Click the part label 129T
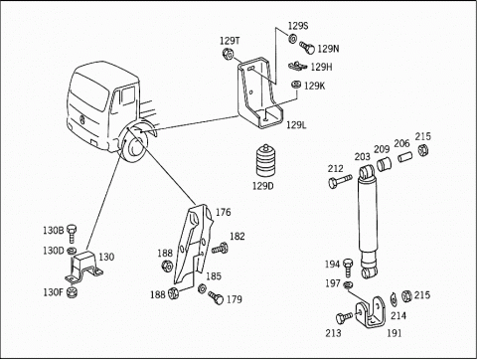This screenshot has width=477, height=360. [230, 41]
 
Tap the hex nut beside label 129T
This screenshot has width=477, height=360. [228, 54]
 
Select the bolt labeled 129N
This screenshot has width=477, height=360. [307, 48]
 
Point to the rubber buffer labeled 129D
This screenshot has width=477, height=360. [266, 161]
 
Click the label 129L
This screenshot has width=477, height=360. [296, 125]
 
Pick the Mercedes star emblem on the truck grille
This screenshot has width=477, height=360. [80, 119]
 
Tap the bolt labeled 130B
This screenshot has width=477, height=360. [72, 234]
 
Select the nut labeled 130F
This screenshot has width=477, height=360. [72, 292]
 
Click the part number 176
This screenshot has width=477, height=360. [224, 212]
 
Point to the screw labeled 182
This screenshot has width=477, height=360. [220, 248]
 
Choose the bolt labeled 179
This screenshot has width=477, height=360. [216, 297]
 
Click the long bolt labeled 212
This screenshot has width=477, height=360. [340, 181]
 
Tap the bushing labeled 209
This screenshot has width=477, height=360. [384, 164]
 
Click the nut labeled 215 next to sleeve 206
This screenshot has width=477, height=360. [422, 150]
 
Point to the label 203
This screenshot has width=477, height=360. [362, 157]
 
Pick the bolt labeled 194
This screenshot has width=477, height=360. [348, 268]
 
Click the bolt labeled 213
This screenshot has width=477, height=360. [344, 318]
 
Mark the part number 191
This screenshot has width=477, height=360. [395, 333]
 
